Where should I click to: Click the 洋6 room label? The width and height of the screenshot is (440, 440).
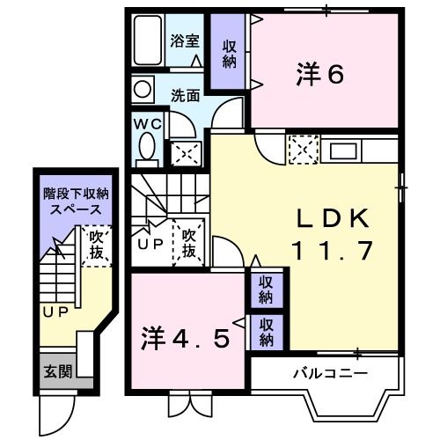point(319,75)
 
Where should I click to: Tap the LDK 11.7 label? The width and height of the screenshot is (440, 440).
point(334,232)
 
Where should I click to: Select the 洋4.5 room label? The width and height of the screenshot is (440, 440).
point(187,338)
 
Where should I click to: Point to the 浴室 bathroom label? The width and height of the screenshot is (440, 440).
point(184,40)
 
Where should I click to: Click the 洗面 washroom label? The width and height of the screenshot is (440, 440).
point(184,94)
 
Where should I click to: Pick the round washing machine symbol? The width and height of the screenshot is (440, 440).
point(143,89)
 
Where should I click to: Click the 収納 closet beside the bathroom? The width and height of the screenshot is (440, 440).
point(230,54)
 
